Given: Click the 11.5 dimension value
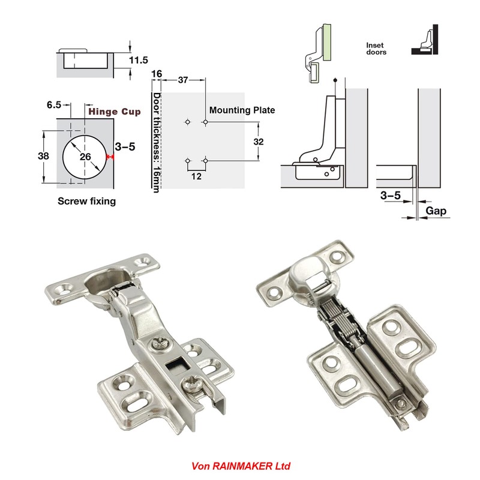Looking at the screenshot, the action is (139, 60).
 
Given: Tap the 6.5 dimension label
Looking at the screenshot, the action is (54, 105).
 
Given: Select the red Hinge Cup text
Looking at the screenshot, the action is (115, 112).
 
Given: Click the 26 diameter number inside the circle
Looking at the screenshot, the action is (85, 157).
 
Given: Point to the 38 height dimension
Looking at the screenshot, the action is (43, 156).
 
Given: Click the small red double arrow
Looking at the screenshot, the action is (110, 157).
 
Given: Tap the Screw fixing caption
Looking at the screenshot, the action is (86, 201).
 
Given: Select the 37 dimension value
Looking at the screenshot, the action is (183, 80).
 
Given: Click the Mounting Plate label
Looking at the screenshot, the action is (242, 110).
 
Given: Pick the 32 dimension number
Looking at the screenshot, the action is (259, 142).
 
